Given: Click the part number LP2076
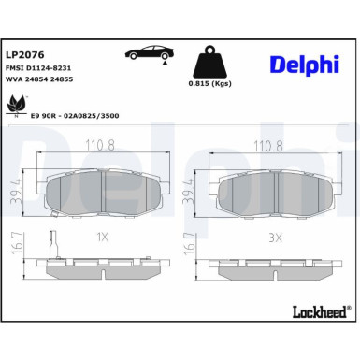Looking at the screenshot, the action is (x=25, y=55).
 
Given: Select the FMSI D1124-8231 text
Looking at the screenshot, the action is (x=38, y=68).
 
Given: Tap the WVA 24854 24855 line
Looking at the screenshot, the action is (x=39, y=79).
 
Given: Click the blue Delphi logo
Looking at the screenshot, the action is (x=304, y=65).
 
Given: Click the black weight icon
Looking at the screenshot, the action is (x=209, y=62).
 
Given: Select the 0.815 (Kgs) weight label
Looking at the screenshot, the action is (x=209, y=83).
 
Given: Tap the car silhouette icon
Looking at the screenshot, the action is (x=150, y=53).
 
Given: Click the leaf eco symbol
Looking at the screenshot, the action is (x=17, y=105).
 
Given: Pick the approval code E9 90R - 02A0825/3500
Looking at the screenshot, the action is (x=75, y=116).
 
